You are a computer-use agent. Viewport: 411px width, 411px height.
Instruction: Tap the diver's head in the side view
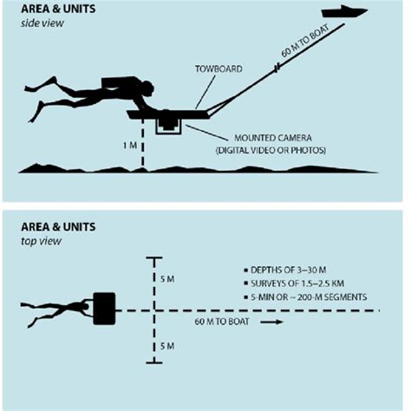coord(145,88)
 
